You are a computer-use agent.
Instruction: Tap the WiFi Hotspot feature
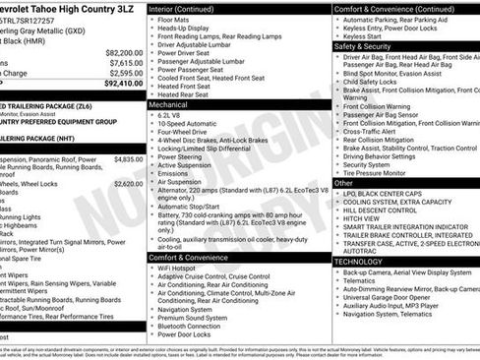180,269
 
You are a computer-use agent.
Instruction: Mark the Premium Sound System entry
192,318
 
